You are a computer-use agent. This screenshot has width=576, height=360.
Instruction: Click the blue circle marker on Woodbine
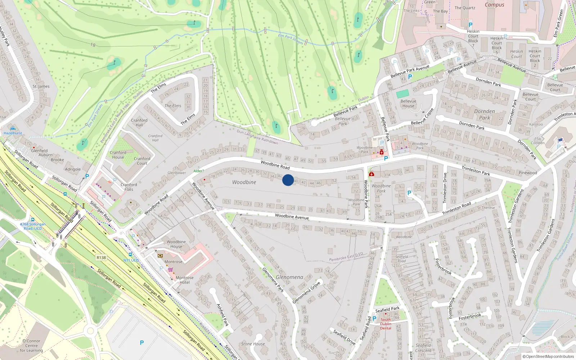[288, 180]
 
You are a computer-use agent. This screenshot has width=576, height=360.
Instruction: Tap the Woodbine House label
[176, 244]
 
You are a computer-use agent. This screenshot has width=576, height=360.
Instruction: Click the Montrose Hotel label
[184, 280]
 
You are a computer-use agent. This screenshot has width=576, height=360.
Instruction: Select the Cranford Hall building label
[139, 122]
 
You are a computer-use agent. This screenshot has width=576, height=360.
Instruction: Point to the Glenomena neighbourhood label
[289, 277]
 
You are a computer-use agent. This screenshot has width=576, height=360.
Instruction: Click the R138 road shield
[101, 257]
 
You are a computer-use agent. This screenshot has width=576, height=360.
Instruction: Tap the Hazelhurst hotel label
[13, 133]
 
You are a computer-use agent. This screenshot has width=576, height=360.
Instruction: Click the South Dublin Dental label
[386, 324]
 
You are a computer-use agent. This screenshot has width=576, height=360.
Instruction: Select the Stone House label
[253, 344]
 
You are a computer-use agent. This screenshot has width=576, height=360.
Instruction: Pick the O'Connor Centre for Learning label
[31, 346]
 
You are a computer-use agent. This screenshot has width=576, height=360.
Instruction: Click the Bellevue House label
[408, 103]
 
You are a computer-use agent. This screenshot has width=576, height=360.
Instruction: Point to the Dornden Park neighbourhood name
[485, 114]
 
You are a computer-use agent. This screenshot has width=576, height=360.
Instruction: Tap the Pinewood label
[527, 173]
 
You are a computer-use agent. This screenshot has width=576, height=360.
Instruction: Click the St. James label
[41, 86]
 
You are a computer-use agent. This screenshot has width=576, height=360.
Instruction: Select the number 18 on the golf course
[93, 45]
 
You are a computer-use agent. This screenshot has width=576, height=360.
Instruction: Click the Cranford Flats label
[129, 187]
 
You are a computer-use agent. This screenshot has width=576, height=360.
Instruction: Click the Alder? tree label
[199, 171]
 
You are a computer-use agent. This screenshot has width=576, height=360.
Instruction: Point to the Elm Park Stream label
[290, 39]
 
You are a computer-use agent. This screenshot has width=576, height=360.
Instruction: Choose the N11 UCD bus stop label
[131, 260]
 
